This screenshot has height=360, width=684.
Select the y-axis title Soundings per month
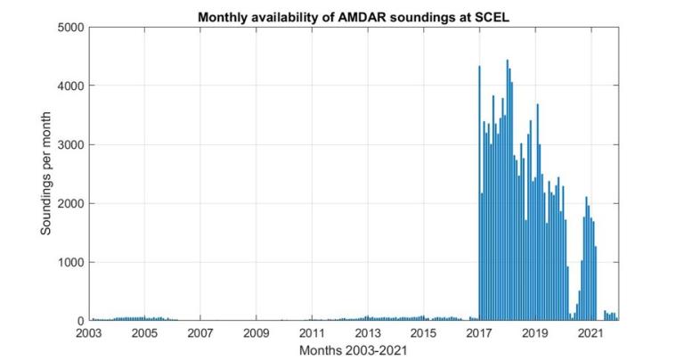pos(46,174)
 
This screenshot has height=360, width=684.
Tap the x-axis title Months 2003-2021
pos(354,349)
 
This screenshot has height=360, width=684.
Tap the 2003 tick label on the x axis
pos(89,333)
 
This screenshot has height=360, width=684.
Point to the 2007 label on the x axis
pos(200,333)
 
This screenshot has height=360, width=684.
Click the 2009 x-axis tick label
pos(256,333)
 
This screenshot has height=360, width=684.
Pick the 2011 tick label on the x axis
pos(312,333)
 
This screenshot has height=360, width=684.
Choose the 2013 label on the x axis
pos(368,333)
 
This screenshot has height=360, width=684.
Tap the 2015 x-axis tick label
pos(423,333)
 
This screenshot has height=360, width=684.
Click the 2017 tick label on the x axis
pos(479,333)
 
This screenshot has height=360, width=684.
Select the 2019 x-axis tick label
pos(534,333)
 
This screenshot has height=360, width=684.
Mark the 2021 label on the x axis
pos(590,333)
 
